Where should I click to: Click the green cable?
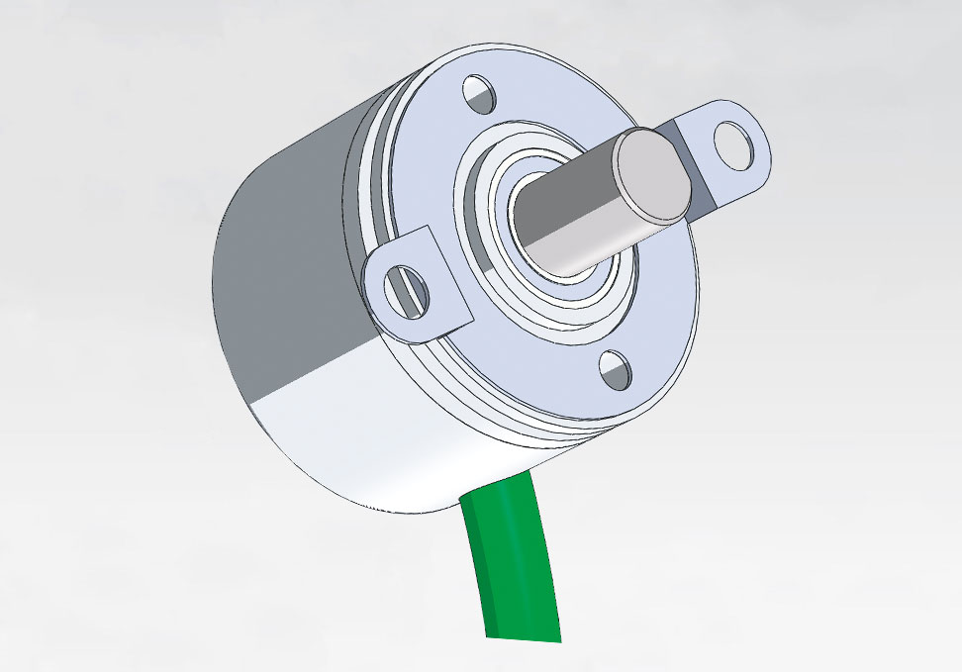(x=516, y=564)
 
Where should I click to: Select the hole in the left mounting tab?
(x=405, y=289)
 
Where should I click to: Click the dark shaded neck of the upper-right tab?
(x=699, y=193)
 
